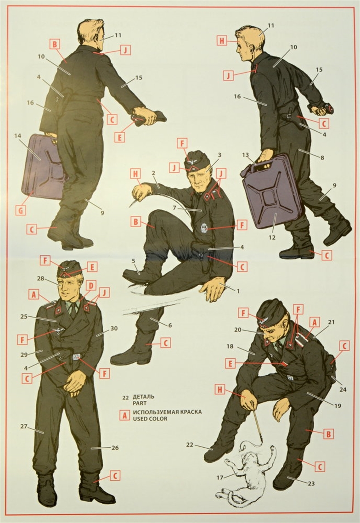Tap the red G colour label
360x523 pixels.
click(x=21, y=210)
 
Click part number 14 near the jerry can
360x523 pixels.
click(x=18, y=136)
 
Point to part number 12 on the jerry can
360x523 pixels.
click(x=272, y=237)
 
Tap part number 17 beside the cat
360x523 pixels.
click(x=219, y=478)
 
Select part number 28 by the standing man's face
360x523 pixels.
click(x=50, y=278)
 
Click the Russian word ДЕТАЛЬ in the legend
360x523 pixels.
click(x=143, y=397)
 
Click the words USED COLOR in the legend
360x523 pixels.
click(x=150, y=418)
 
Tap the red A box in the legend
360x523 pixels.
click(x=124, y=415)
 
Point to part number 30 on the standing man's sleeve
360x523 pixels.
click(x=114, y=328)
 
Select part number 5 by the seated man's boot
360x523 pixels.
click(x=134, y=261)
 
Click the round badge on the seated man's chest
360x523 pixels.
click(x=204, y=228)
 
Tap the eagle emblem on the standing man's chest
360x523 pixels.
click(x=59, y=331)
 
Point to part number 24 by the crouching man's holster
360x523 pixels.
click(x=343, y=389)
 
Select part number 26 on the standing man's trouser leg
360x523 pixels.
click(x=115, y=448)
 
